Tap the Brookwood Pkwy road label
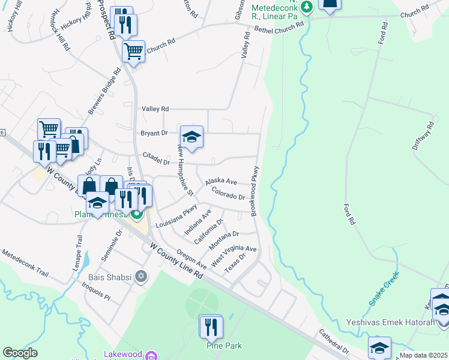(x=255, y=191)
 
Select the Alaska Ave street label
(x=221, y=181)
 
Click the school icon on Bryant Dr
(x=191, y=137)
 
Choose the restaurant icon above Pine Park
(x=210, y=327)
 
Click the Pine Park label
(x=212, y=346)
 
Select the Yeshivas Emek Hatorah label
(x=390, y=322)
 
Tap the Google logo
(x=20, y=353)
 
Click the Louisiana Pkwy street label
(x=176, y=216)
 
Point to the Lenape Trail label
(x=78, y=249)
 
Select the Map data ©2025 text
(x=424, y=355)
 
